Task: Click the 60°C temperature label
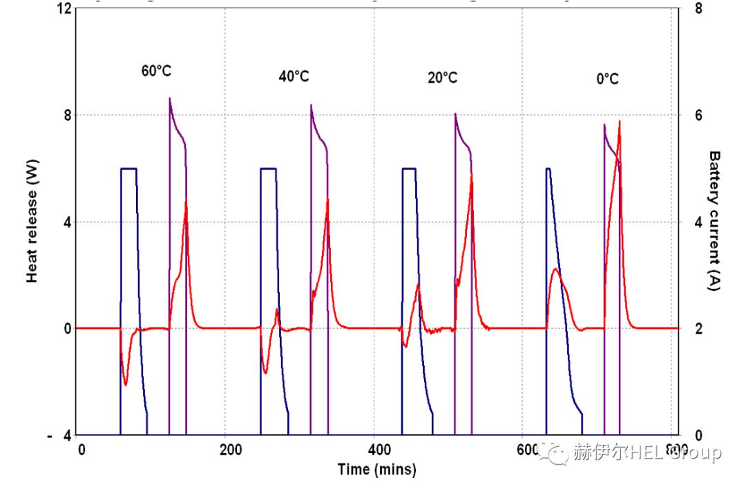pos(156,71)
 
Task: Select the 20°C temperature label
pos(442,77)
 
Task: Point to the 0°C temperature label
pos(607,79)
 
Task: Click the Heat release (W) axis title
pos(32,222)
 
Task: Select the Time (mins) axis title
pos(376,470)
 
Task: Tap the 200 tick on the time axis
pos(230,450)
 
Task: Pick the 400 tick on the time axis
pos(379,450)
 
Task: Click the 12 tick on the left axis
pos(64,8)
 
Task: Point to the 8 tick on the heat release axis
pos(67,115)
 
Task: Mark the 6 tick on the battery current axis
pos(698,115)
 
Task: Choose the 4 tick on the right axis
pos(698,222)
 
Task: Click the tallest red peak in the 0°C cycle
pos(619,122)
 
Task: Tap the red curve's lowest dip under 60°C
pos(125,384)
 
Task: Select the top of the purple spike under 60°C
pos(170,99)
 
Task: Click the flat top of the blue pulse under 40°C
pos(269,169)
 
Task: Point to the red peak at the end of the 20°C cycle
pos(471,174)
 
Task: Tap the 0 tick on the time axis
pos(82,450)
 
